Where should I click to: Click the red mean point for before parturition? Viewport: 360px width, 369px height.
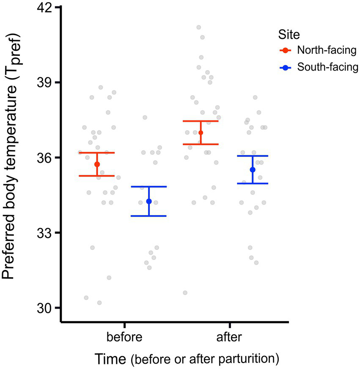point(97,164)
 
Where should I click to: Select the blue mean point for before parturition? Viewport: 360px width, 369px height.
point(149,201)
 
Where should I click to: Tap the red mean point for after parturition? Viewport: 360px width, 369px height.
point(201,133)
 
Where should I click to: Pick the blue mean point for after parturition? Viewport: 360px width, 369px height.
point(253,169)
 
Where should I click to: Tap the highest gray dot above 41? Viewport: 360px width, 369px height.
point(198,27)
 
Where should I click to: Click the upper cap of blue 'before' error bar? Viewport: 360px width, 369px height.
point(149,186)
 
